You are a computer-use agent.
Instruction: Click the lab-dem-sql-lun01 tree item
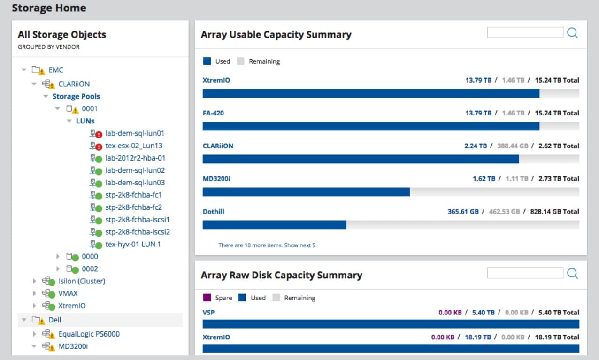click(x=134, y=133)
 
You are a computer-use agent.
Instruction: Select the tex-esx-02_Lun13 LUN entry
click(x=134, y=146)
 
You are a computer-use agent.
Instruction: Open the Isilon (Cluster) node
click(x=82, y=281)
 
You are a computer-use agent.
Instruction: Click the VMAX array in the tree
click(x=68, y=293)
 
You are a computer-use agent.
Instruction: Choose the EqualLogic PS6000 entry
click(x=89, y=334)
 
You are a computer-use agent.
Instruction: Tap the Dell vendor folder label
click(x=55, y=320)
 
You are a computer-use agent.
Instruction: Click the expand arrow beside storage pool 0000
click(x=58, y=257)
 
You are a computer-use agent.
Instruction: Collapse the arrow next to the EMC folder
click(x=24, y=70)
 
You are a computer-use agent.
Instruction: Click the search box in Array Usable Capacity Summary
click(x=525, y=32)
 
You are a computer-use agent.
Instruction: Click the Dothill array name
click(x=214, y=212)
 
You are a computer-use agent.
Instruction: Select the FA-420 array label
click(x=213, y=113)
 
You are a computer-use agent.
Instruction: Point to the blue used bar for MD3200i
click(x=306, y=192)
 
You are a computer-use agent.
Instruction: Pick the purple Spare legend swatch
click(x=207, y=298)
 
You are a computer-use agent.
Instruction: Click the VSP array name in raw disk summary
click(x=208, y=312)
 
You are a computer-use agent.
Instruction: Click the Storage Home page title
click(x=49, y=8)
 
